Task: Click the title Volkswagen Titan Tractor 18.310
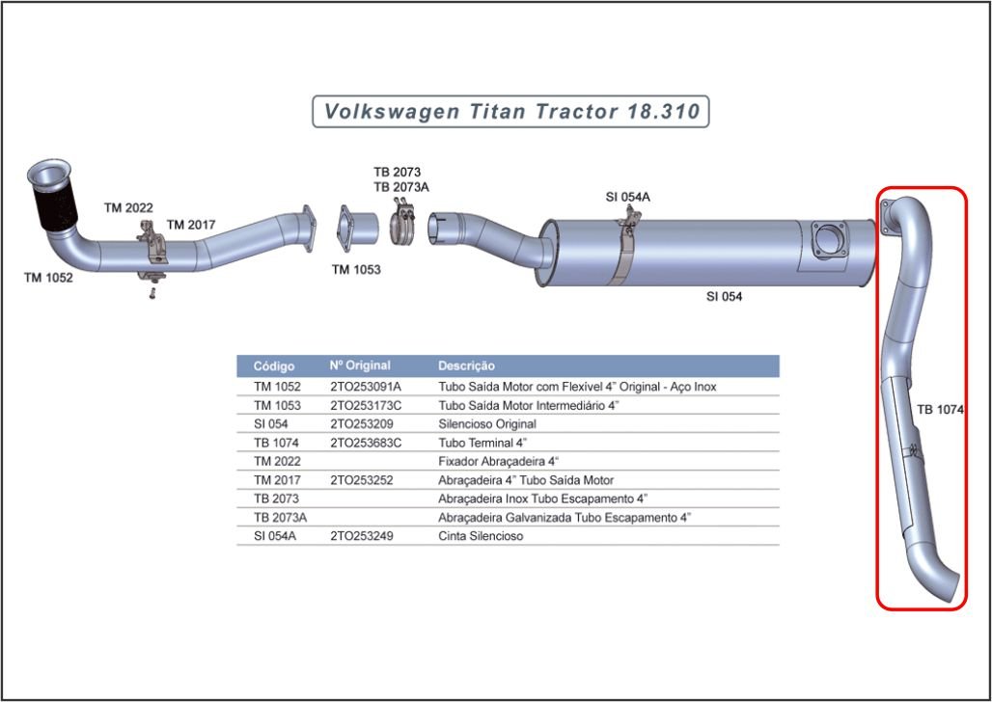point(511,111)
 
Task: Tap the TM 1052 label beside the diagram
point(48,278)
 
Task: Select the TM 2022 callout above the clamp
point(128,207)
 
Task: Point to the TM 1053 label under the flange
point(356,269)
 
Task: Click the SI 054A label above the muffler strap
point(627,198)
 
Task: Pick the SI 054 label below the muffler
point(725,296)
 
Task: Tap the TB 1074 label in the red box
point(940,410)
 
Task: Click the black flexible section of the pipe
point(55,205)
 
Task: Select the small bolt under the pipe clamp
point(152,293)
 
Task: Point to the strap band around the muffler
point(623,253)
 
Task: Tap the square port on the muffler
point(828,240)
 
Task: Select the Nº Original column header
point(360,365)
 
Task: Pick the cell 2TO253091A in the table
point(366,387)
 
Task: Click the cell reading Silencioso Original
point(487,423)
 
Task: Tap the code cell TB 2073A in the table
point(280,517)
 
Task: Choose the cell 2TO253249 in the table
point(361,536)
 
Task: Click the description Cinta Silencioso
point(481,536)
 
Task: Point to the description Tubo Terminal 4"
point(482,443)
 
